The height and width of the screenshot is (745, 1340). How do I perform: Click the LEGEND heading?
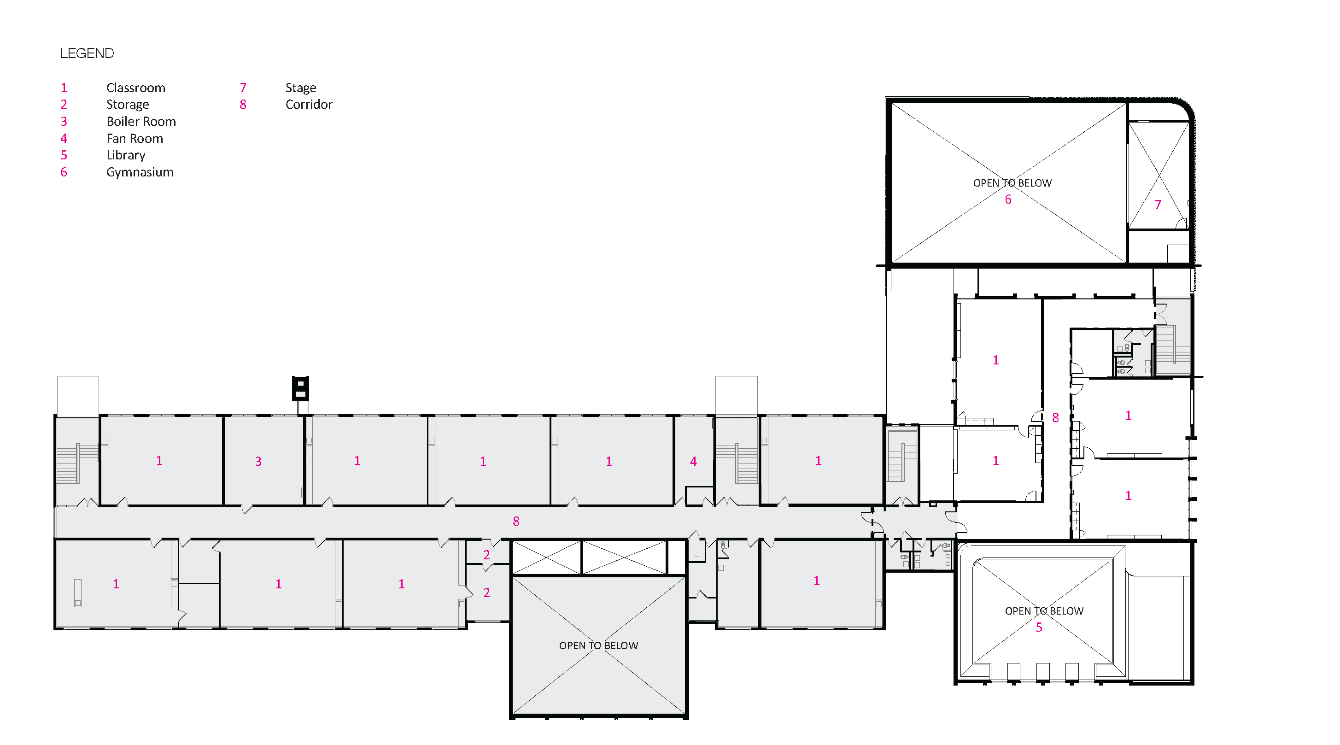(87, 53)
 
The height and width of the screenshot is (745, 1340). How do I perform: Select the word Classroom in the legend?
(136, 88)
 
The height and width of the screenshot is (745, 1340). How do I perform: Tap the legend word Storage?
(128, 105)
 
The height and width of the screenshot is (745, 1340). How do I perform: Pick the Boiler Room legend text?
(141, 122)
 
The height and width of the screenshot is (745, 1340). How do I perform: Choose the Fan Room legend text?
(135, 138)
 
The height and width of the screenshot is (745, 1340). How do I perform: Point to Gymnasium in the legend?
(140, 172)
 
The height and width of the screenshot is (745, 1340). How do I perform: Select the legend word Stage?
(301, 88)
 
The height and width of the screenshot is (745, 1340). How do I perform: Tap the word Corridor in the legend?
(309, 105)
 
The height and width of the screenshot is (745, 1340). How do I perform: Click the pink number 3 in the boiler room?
(258, 462)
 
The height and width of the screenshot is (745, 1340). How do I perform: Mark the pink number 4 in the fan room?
(693, 462)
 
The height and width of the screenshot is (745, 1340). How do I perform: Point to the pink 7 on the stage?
(1158, 205)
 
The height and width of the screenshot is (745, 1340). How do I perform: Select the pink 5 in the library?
(1039, 628)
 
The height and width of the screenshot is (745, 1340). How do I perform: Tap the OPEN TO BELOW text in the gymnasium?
(1012, 183)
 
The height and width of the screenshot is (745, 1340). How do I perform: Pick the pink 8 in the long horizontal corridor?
(516, 521)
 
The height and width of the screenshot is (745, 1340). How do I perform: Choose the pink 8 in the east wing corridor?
(1055, 418)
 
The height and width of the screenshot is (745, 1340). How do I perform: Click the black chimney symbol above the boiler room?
(300, 388)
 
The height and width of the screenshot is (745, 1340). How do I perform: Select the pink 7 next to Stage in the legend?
(243, 88)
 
